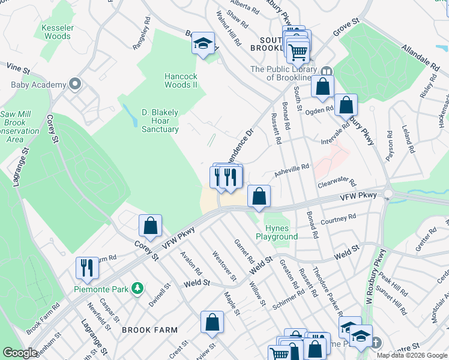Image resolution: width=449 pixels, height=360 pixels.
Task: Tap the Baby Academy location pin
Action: coord(75,84)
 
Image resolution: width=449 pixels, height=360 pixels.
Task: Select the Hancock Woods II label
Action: coord(181,80)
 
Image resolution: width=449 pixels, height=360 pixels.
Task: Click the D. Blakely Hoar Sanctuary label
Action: coord(160,121)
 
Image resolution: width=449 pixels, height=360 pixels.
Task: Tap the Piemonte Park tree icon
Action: coord(137,289)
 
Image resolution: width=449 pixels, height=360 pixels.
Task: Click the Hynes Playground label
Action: coord(277,232)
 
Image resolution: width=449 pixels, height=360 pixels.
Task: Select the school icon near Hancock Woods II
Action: coord(203,43)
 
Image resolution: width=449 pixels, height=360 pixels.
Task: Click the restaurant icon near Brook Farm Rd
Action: coord(87,268)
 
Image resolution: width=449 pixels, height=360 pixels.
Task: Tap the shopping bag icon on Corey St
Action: coord(150,226)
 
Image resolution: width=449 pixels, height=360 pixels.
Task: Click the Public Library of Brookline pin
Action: coord(327,70)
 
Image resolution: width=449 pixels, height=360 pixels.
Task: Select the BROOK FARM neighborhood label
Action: coord(149,330)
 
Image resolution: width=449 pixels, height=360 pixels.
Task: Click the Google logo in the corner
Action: coord(20,353)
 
